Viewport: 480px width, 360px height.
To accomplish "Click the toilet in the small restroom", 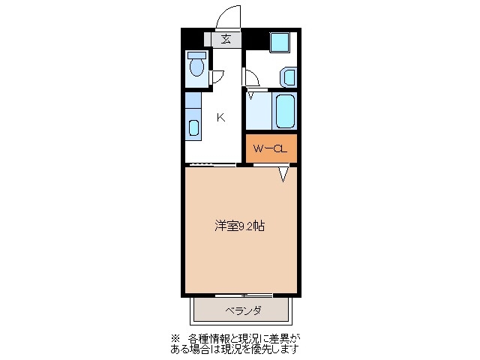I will coord(196,67).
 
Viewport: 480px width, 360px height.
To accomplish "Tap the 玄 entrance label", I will coord(226,40).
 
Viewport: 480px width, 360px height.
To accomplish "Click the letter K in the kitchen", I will coord(221,116).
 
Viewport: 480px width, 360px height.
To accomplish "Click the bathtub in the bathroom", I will coord(286,110).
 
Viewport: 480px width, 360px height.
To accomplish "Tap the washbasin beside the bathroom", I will coord(289,76).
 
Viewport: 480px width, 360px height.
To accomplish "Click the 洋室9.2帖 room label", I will coord(239,225).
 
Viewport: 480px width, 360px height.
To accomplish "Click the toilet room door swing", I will coord(217,75).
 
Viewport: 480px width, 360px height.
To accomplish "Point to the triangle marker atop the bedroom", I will coord(283,174).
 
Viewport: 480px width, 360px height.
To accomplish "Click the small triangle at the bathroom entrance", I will coord(250,95).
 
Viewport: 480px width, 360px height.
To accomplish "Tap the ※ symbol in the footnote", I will coord(175,337).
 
